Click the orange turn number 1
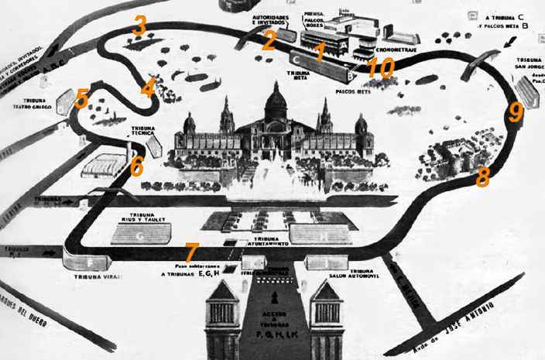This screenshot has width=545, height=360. pos(320,53)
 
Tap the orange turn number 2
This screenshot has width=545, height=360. pos(269,39)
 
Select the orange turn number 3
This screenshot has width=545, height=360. pos(139,25)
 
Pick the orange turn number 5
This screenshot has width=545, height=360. pos(82,98)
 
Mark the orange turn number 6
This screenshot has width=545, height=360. pos(136,166)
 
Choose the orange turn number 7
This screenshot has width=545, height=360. pos(191,252)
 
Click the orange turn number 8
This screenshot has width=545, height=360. pos(483,177)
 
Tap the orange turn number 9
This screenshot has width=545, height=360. pos(516,112)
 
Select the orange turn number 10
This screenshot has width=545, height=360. pos(380,67)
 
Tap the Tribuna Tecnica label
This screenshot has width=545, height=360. pos(146,132)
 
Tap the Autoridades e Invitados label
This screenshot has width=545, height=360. pos(273,19)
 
